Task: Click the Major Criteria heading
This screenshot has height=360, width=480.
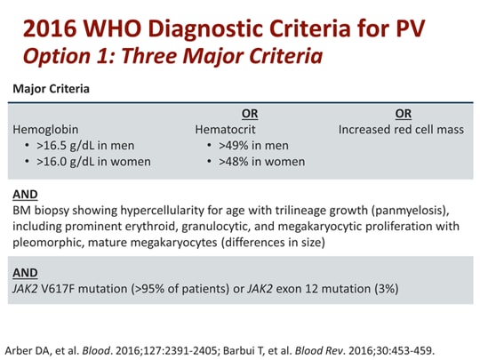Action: tap(50, 90)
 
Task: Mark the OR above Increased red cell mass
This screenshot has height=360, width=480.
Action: tap(404, 113)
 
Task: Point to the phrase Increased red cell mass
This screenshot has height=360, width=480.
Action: tap(401, 129)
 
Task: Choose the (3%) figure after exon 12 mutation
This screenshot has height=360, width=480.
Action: tap(383, 289)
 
